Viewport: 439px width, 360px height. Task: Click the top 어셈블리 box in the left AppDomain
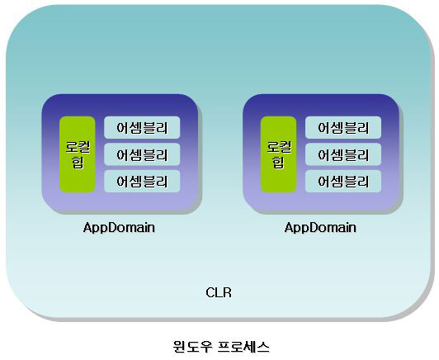[142, 127]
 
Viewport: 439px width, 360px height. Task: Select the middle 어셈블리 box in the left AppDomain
[142, 154]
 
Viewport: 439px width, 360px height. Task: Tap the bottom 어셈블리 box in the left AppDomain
[142, 182]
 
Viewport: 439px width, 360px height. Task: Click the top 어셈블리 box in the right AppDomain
[343, 127]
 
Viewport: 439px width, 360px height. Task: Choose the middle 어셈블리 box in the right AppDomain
[343, 154]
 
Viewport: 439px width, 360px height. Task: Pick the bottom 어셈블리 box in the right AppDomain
[343, 182]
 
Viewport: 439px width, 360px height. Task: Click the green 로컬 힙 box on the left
[78, 154]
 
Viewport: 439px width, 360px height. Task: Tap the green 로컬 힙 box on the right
[279, 154]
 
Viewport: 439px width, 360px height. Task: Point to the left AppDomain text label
[119, 228]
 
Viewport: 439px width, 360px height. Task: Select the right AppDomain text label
[320, 228]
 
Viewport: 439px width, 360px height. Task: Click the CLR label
[219, 293]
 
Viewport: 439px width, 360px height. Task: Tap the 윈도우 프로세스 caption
[221, 347]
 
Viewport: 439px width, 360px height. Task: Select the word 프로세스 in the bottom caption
[244, 347]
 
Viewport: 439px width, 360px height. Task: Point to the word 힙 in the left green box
[78, 163]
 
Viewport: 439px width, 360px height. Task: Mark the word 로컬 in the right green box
[279, 147]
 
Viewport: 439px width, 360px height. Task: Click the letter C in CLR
[210, 293]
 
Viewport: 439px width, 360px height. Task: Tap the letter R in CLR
[228, 293]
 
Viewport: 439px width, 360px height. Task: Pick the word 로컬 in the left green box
[78, 147]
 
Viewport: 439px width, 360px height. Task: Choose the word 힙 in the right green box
[279, 163]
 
